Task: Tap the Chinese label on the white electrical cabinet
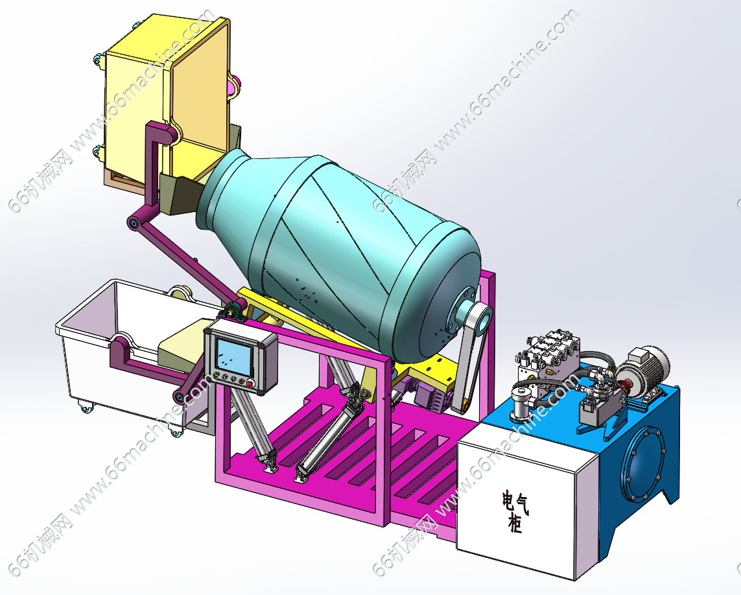point(515,512)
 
